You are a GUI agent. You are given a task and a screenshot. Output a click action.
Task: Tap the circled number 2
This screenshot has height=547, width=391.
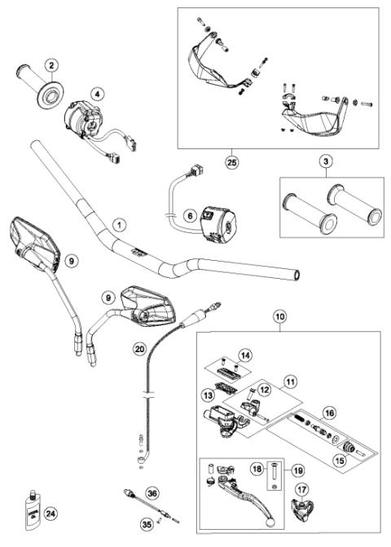coord(51,64)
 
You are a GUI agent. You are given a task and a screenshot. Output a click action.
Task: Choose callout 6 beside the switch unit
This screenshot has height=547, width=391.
coord(189,216)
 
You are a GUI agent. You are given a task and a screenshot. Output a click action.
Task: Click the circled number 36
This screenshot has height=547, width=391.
coord(152,492)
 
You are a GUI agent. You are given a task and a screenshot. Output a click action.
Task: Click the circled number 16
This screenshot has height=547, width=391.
coord(330,413)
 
